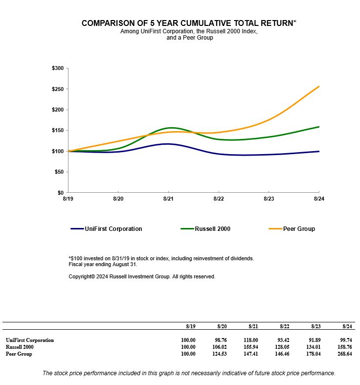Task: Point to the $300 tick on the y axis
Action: pyautogui.click(x=57, y=68)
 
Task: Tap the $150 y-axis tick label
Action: pyautogui.click(x=57, y=131)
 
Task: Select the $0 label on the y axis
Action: pyautogui.click(x=60, y=193)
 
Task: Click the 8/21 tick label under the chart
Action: pyautogui.click(x=168, y=199)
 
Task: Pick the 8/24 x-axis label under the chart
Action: pyautogui.click(x=319, y=199)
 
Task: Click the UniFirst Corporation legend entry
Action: pyautogui.click(x=113, y=229)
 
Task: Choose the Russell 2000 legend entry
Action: pyautogui.click(x=212, y=229)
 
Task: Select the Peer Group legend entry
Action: pyautogui.click(x=299, y=229)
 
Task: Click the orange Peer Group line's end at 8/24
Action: pyautogui.click(x=319, y=87)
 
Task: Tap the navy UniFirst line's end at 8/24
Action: pyautogui.click(x=319, y=151)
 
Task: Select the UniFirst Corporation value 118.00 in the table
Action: pyautogui.click(x=251, y=340)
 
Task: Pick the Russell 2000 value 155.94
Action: pyautogui.click(x=251, y=347)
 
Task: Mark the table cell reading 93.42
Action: pyautogui.click(x=282, y=340)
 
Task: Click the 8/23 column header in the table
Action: pyautogui.click(x=315, y=326)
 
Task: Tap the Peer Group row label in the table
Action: pyautogui.click(x=19, y=354)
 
